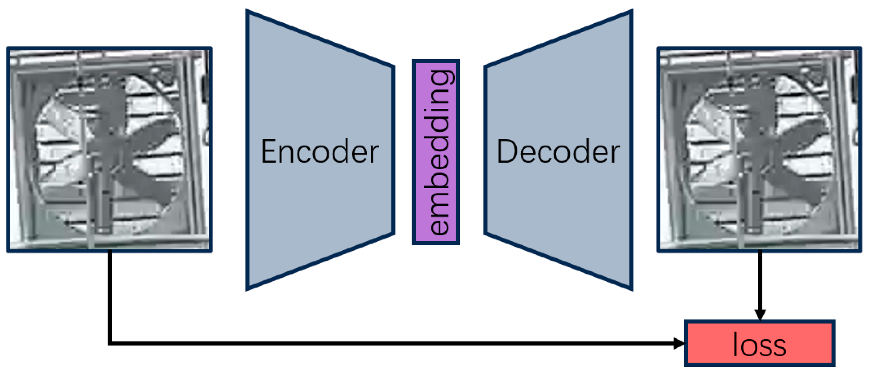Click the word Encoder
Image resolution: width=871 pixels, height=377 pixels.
coord(319,152)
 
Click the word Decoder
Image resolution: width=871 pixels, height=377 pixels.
coord(558,152)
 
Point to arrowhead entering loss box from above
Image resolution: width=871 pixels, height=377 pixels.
coord(760,314)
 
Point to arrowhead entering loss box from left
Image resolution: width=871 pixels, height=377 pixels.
coord(679,343)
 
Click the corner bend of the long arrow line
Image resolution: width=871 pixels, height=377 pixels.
coord(110,343)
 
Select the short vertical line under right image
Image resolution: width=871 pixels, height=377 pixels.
coord(760,281)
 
